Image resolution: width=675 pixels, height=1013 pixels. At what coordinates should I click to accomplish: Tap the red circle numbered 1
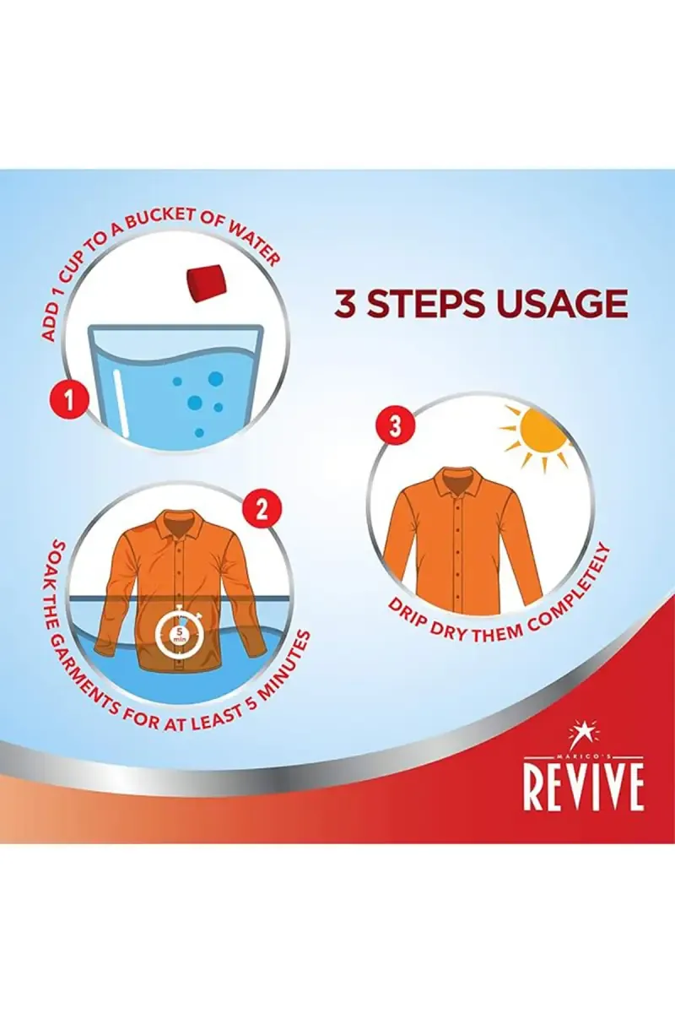tap(68, 401)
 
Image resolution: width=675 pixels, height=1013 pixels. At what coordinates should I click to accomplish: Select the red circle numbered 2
tap(262, 511)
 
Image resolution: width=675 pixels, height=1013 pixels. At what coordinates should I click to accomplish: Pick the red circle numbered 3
tap(395, 426)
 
